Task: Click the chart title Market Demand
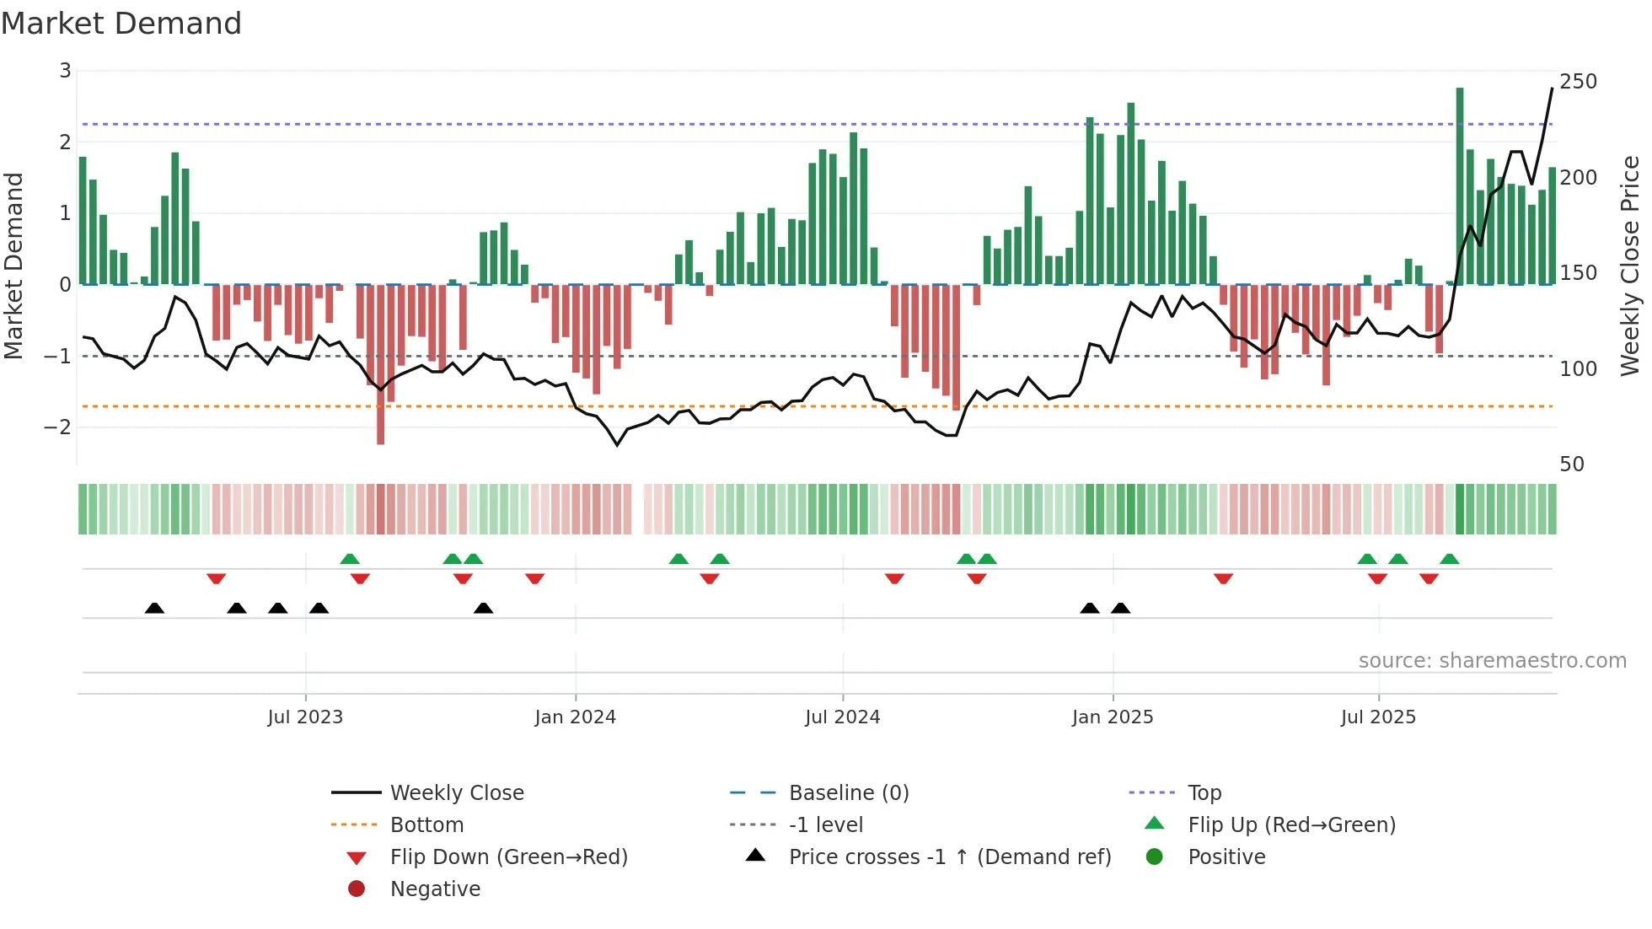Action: coord(121,23)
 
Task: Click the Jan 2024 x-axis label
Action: coord(576,717)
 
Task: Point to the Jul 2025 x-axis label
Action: coord(1378,717)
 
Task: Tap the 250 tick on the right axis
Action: coord(1578,82)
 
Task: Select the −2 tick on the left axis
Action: coord(58,427)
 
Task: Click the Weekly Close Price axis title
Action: coord(1630,266)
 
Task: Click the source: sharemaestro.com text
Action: coord(1492,660)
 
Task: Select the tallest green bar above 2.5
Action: coord(1460,185)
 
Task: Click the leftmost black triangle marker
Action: coord(154,608)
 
